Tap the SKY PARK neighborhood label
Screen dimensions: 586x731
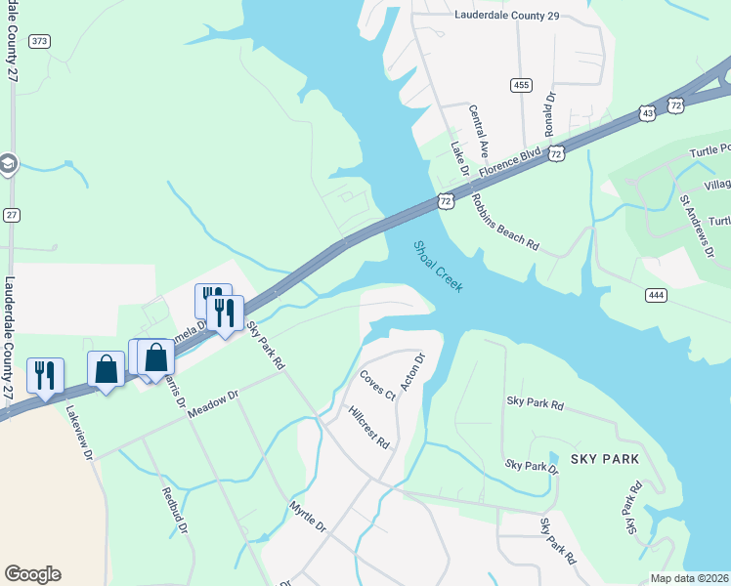(x=607, y=458)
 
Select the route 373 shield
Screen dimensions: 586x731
(x=40, y=41)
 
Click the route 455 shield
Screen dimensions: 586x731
(x=521, y=86)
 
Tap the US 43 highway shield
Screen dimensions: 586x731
(x=649, y=114)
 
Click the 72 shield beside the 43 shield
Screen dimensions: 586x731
(x=675, y=104)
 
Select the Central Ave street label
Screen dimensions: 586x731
(x=479, y=134)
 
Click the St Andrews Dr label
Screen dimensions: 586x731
(x=696, y=226)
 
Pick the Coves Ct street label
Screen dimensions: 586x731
(x=376, y=385)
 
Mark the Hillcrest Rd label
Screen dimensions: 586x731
(x=369, y=427)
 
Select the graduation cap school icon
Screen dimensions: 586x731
(x=8, y=163)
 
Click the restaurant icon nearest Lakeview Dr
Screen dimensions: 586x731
(x=45, y=374)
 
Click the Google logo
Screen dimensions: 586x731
(x=32, y=574)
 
